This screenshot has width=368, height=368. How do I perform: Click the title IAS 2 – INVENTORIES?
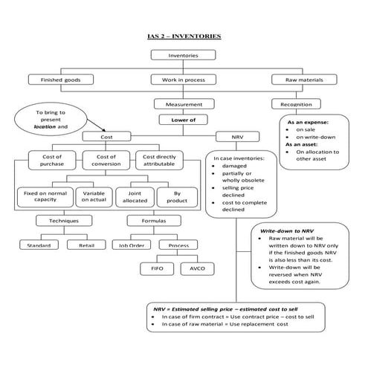click(184, 36)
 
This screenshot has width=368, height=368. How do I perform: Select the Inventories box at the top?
click(183, 55)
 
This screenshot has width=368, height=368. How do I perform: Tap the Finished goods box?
click(60, 80)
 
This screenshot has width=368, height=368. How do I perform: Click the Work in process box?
click(183, 80)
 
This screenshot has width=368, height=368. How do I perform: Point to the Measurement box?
click(183, 104)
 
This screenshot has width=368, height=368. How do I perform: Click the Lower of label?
click(183, 119)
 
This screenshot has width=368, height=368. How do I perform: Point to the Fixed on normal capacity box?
click(43, 196)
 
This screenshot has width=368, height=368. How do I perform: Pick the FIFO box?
click(157, 268)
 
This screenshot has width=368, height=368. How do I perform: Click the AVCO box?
click(197, 268)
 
